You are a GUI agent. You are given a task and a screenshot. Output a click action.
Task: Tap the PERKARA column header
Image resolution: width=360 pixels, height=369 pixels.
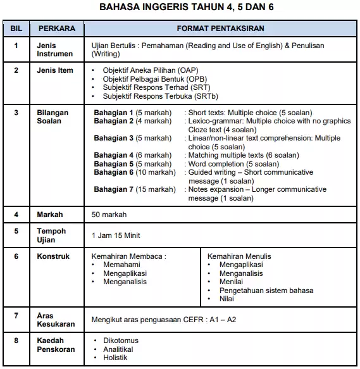(x=57, y=29)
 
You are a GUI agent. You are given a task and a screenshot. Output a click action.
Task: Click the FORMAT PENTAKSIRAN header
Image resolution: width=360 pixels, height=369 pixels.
(x=220, y=29)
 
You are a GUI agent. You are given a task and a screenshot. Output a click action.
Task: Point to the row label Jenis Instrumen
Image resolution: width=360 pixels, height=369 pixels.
(x=55, y=50)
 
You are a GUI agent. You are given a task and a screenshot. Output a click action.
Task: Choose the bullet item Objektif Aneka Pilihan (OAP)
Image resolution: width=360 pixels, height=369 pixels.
(x=146, y=70)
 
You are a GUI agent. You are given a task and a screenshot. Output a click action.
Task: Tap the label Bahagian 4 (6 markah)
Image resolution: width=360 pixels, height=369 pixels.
(x=132, y=155)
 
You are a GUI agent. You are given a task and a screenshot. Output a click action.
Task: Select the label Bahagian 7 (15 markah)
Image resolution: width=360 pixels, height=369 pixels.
(x=135, y=189)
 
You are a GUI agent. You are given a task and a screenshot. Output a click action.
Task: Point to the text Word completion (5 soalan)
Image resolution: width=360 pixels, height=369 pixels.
(x=233, y=164)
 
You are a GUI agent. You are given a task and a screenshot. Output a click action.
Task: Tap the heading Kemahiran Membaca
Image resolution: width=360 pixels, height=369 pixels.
(x=129, y=256)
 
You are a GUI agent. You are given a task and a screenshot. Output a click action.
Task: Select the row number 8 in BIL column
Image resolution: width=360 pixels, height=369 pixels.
(x=16, y=341)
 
